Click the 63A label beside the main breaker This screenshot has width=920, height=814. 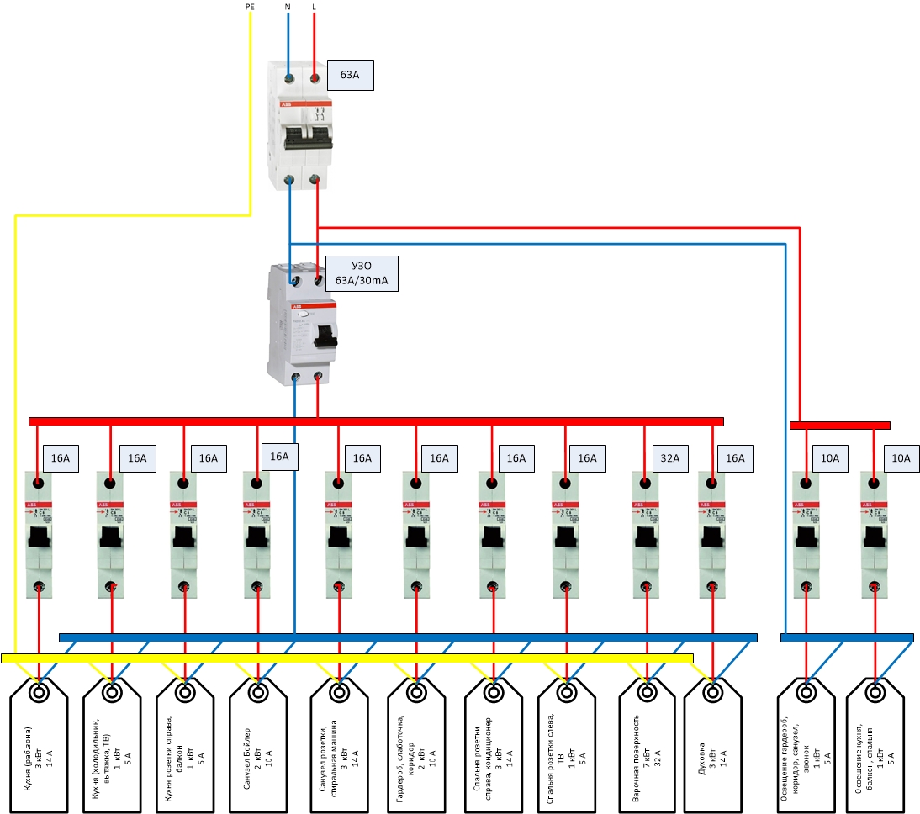coord(349,75)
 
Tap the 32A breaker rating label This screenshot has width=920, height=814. coord(670,458)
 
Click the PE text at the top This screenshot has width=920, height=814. coord(250,7)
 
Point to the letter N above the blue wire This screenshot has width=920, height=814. coord(288,7)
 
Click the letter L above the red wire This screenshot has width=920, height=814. coord(315,7)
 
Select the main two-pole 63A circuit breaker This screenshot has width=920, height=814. coord(301,126)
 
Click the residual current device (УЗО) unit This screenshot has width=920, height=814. coord(303,324)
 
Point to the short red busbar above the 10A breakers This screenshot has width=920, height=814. coord(839,425)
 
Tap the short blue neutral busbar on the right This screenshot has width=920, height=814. coord(847,638)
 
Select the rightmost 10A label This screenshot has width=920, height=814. coord(901,458)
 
